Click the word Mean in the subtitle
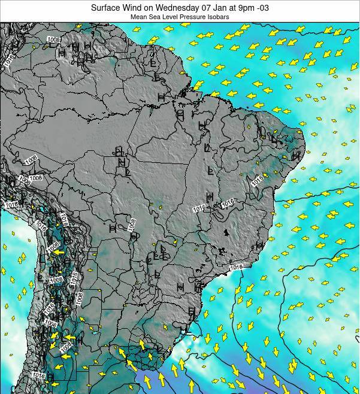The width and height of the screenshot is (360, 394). point(140,17)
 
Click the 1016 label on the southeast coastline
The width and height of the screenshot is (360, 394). point(236,267)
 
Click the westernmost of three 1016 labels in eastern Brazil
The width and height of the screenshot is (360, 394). point(199,208)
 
